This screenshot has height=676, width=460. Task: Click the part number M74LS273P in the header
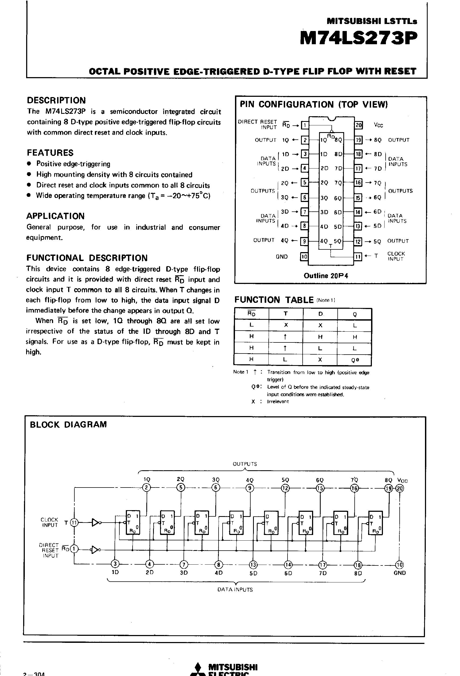pyautogui.click(x=358, y=38)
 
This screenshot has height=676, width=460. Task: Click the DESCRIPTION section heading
pyautogui.click(x=56, y=100)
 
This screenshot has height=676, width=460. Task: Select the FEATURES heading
pyautogui.click(x=50, y=153)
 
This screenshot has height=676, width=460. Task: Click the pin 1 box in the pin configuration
pyautogui.click(x=305, y=125)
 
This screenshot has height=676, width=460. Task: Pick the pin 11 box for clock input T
pyautogui.click(x=358, y=256)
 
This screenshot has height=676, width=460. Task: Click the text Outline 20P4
pyautogui.click(x=326, y=276)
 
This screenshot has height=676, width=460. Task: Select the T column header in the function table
pyautogui.click(x=286, y=314)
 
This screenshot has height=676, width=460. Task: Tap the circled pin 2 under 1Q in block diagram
pyautogui.click(x=147, y=488)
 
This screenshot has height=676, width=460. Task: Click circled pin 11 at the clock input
pyautogui.click(x=74, y=523)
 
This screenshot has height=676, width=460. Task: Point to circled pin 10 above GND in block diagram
pyautogui.click(x=400, y=565)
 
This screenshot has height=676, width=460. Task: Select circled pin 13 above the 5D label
pyautogui.click(x=253, y=565)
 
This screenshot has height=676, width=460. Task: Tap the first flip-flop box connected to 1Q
pyautogui.click(x=133, y=523)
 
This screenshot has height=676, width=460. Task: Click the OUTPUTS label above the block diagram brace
pyautogui.click(x=245, y=464)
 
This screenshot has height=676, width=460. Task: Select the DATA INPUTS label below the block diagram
pyautogui.click(x=235, y=590)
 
